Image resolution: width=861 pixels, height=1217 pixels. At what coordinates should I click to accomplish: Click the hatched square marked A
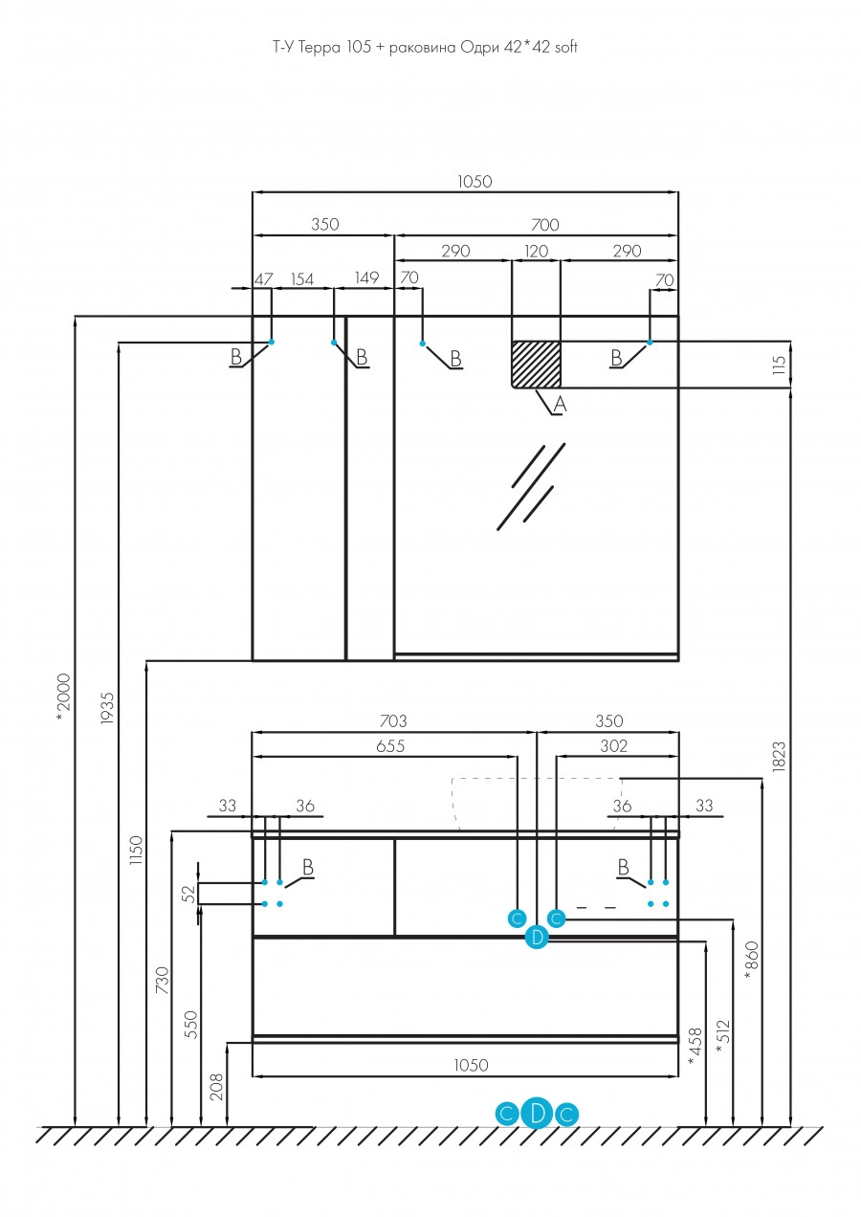(536, 364)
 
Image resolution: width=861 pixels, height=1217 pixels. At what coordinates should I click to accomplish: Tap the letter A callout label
(561, 406)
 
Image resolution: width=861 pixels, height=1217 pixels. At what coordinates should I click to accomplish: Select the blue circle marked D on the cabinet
(537, 938)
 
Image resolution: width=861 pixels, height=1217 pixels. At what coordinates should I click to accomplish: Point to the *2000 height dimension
(63, 694)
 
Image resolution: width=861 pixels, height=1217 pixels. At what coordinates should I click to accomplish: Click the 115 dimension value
(779, 365)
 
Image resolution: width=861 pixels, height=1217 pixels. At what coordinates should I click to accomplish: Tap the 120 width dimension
(536, 252)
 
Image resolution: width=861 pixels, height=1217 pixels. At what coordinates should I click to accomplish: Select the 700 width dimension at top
(544, 225)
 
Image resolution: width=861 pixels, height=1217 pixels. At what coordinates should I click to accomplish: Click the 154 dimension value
(302, 278)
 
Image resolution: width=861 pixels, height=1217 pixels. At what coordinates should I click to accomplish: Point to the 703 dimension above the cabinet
(392, 721)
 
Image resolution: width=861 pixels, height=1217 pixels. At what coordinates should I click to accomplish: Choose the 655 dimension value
(389, 747)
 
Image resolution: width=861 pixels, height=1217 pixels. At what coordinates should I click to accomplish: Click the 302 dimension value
(612, 747)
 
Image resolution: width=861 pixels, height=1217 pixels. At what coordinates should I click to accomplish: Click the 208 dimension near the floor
(215, 1085)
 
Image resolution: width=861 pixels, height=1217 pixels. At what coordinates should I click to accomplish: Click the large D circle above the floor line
(537, 1113)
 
